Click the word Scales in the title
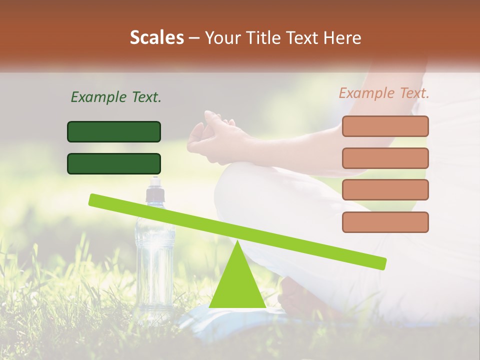pyautogui.click(x=156, y=37)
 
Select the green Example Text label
pyautogui.click(x=116, y=97)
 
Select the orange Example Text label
pyautogui.click(x=384, y=93)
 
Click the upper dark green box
pyautogui.click(x=114, y=131)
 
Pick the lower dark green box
pyautogui.click(x=114, y=163)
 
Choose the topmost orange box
pyautogui.click(x=385, y=126)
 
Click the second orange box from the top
pyautogui.click(x=385, y=158)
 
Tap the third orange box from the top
pyautogui.click(x=385, y=190)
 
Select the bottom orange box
pyautogui.click(x=385, y=222)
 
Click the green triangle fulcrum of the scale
pyautogui.click(x=237, y=282)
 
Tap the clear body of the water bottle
pyautogui.click(x=154, y=260)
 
